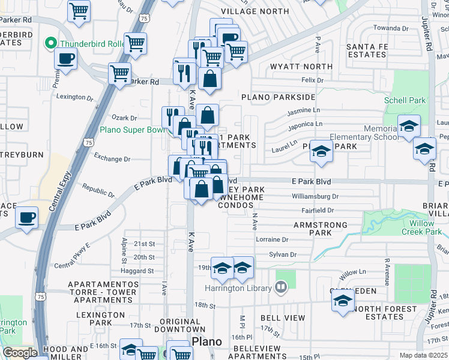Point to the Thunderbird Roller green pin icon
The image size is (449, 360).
tap(52, 43)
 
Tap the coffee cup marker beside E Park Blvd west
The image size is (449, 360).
tap(26, 217)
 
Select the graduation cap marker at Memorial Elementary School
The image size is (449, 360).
tap(409, 126)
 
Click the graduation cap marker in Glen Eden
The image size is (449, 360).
tap(343, 301)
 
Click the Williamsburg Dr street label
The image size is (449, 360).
tap(315, 196)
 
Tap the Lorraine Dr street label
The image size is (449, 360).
tap(272, 239)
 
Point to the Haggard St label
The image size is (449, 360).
tap(137, 271)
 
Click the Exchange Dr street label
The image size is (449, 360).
tap(112, 159)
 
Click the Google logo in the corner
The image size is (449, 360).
tap(20, 353)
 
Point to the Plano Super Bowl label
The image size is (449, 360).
tap(131, 129)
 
